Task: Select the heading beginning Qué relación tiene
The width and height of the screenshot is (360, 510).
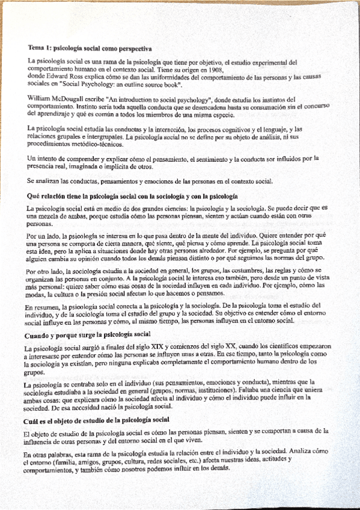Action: [x=133, y=196]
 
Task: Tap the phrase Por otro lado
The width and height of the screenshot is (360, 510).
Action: [x=46, y=271]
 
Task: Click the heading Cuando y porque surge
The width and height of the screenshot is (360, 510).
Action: [x=87, y=334]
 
